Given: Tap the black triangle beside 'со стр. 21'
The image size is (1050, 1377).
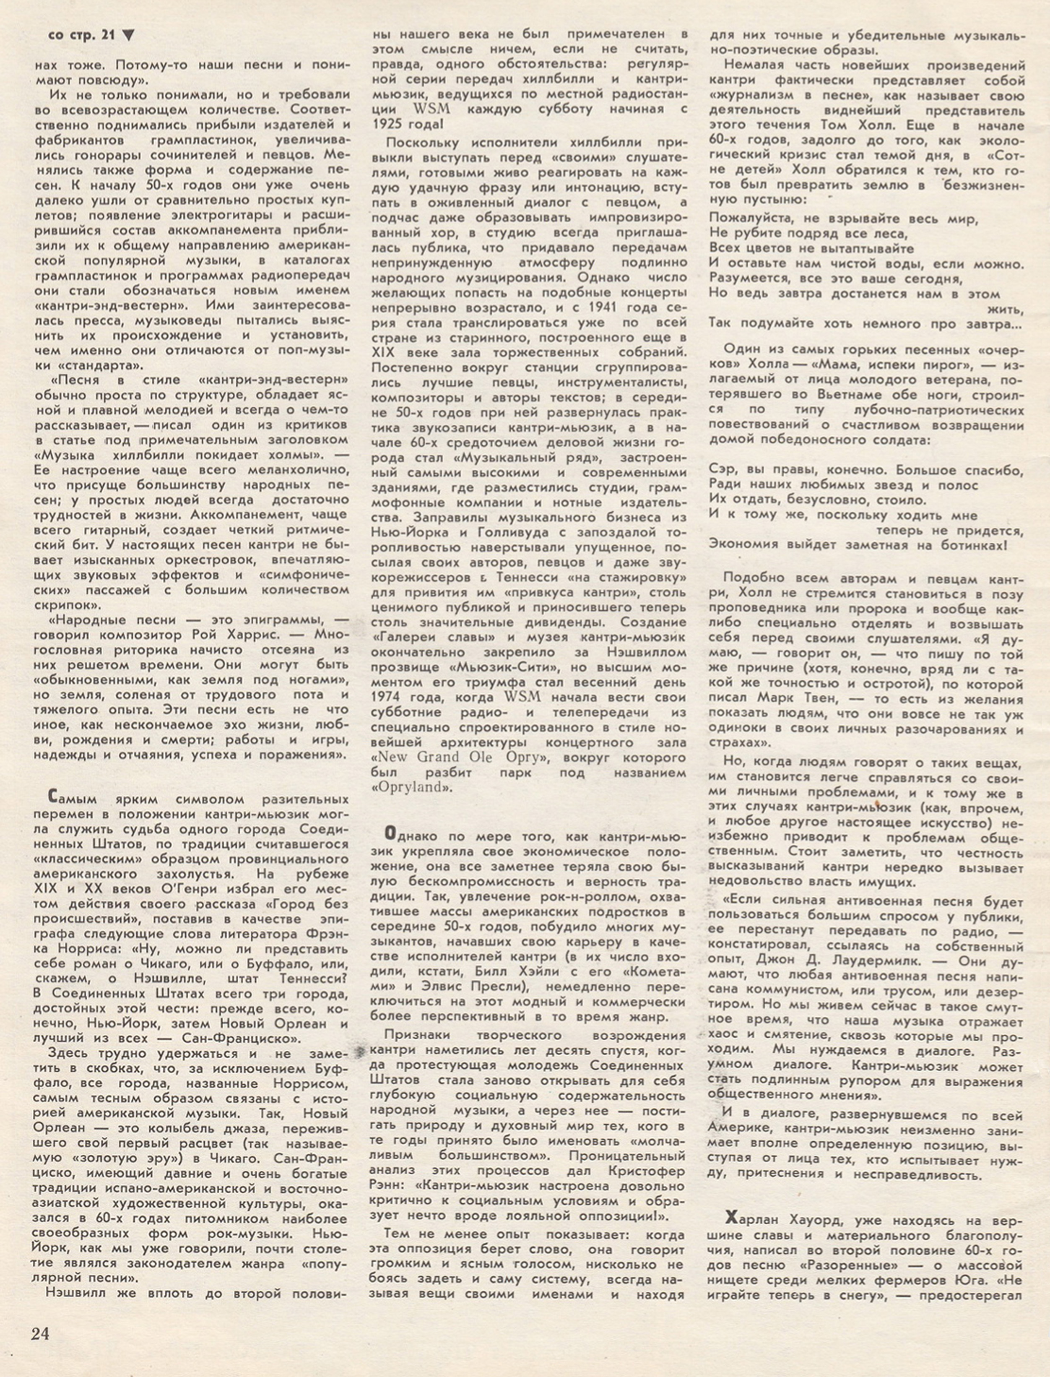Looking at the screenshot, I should (129, 36).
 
